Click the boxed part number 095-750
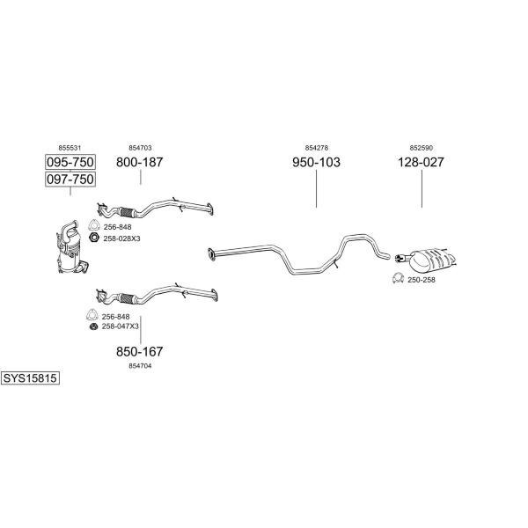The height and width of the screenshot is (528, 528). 70,162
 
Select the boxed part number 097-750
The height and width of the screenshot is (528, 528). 70,179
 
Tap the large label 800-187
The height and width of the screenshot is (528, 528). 139,162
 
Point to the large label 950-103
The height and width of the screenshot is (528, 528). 316,162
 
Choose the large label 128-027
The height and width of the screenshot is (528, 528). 421,162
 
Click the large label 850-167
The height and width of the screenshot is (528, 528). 139,351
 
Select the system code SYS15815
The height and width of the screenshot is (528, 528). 30,378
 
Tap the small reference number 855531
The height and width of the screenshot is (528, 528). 70,148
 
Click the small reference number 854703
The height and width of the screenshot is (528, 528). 140,148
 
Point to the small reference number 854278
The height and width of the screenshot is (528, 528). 317,148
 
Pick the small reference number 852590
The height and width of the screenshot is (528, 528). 422,148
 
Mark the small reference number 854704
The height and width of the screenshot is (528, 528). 140,366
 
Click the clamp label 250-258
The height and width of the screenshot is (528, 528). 422,280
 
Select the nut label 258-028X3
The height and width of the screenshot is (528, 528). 121,238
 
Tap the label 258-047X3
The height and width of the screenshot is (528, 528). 121,326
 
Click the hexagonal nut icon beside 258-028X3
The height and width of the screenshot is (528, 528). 94,238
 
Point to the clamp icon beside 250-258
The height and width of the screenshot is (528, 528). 398,278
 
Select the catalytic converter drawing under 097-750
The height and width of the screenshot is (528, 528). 71,247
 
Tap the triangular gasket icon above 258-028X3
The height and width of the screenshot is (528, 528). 93,225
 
